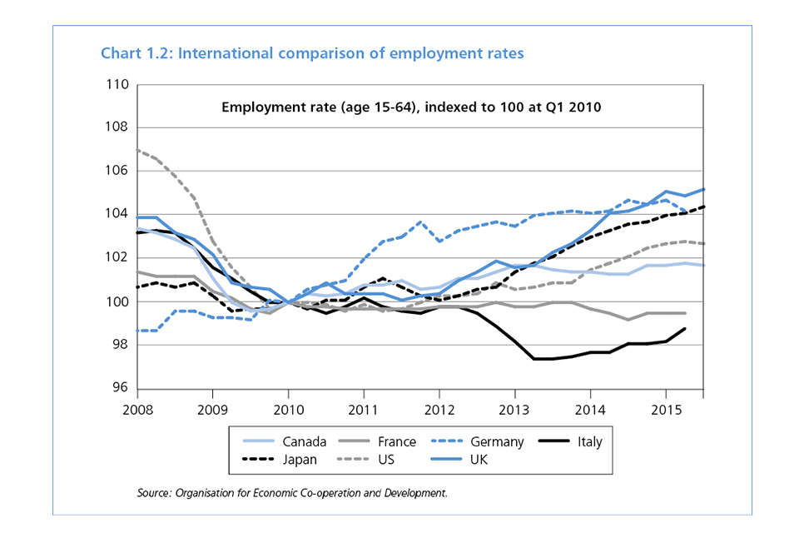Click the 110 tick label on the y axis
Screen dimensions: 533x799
(x=117, y=85)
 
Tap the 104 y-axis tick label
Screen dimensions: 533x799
(x=117, y=214)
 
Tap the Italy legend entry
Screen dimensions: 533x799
(x=588, y=441)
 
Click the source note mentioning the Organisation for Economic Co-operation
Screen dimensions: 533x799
(x=292, y=493)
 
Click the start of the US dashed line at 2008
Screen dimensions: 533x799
(x=137, y=151)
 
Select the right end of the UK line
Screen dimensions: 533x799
(x=703, y=189)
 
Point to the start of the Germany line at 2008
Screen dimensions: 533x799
(x=137, y=331)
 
